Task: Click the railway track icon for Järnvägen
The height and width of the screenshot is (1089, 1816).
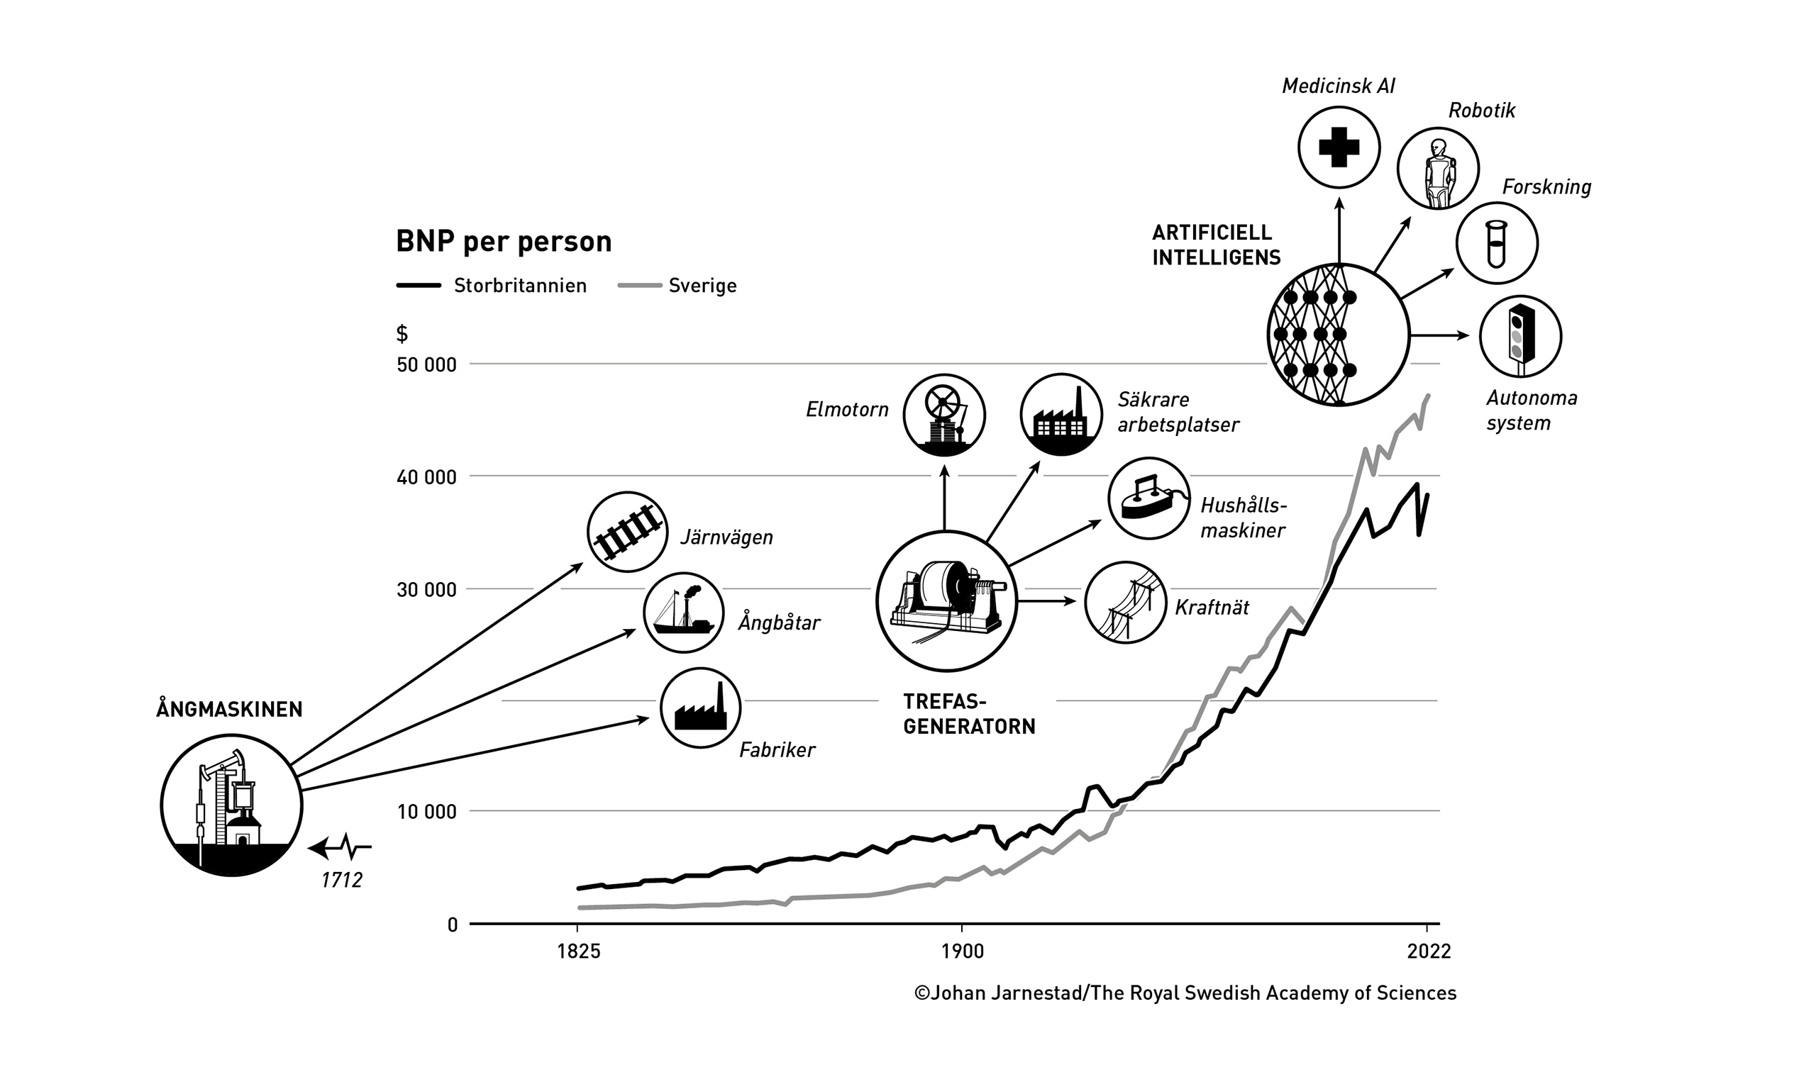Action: [x=628, y=532]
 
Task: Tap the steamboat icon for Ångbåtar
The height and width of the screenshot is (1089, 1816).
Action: [x=684, y=613]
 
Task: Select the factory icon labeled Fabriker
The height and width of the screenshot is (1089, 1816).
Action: [x=700, y=708]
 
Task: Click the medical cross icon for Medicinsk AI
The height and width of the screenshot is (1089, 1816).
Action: [x=1339, y=147]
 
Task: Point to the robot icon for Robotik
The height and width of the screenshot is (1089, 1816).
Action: [x=1437, y=169]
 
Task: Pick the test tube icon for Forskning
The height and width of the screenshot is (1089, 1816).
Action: [x=1497, y=243]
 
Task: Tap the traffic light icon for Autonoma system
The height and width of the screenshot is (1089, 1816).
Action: [x=1520, y=336]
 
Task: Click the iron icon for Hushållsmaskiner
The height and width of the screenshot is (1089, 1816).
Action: [x=1148, y=498]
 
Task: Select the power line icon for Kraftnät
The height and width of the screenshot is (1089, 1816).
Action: [x=1125, y=603]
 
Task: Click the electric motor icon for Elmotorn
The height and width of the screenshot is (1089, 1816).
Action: [x=944, y=415]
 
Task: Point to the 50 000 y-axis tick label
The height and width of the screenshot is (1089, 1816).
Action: [x=426, y=364]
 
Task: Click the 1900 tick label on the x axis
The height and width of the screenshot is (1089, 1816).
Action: [x=962, y=951]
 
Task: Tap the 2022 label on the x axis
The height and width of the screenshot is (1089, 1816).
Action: [x=1429, y=951]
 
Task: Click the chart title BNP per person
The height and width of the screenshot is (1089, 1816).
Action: [x=504, y=242]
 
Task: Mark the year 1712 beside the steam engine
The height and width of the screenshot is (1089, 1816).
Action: [x=342, y=880]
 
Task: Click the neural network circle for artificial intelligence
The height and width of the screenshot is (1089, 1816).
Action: [x=1338, y=335]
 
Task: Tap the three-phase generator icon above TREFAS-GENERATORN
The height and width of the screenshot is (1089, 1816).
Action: [x=946, y=601]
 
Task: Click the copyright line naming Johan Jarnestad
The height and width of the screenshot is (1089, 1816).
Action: [x=1185, y=993]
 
